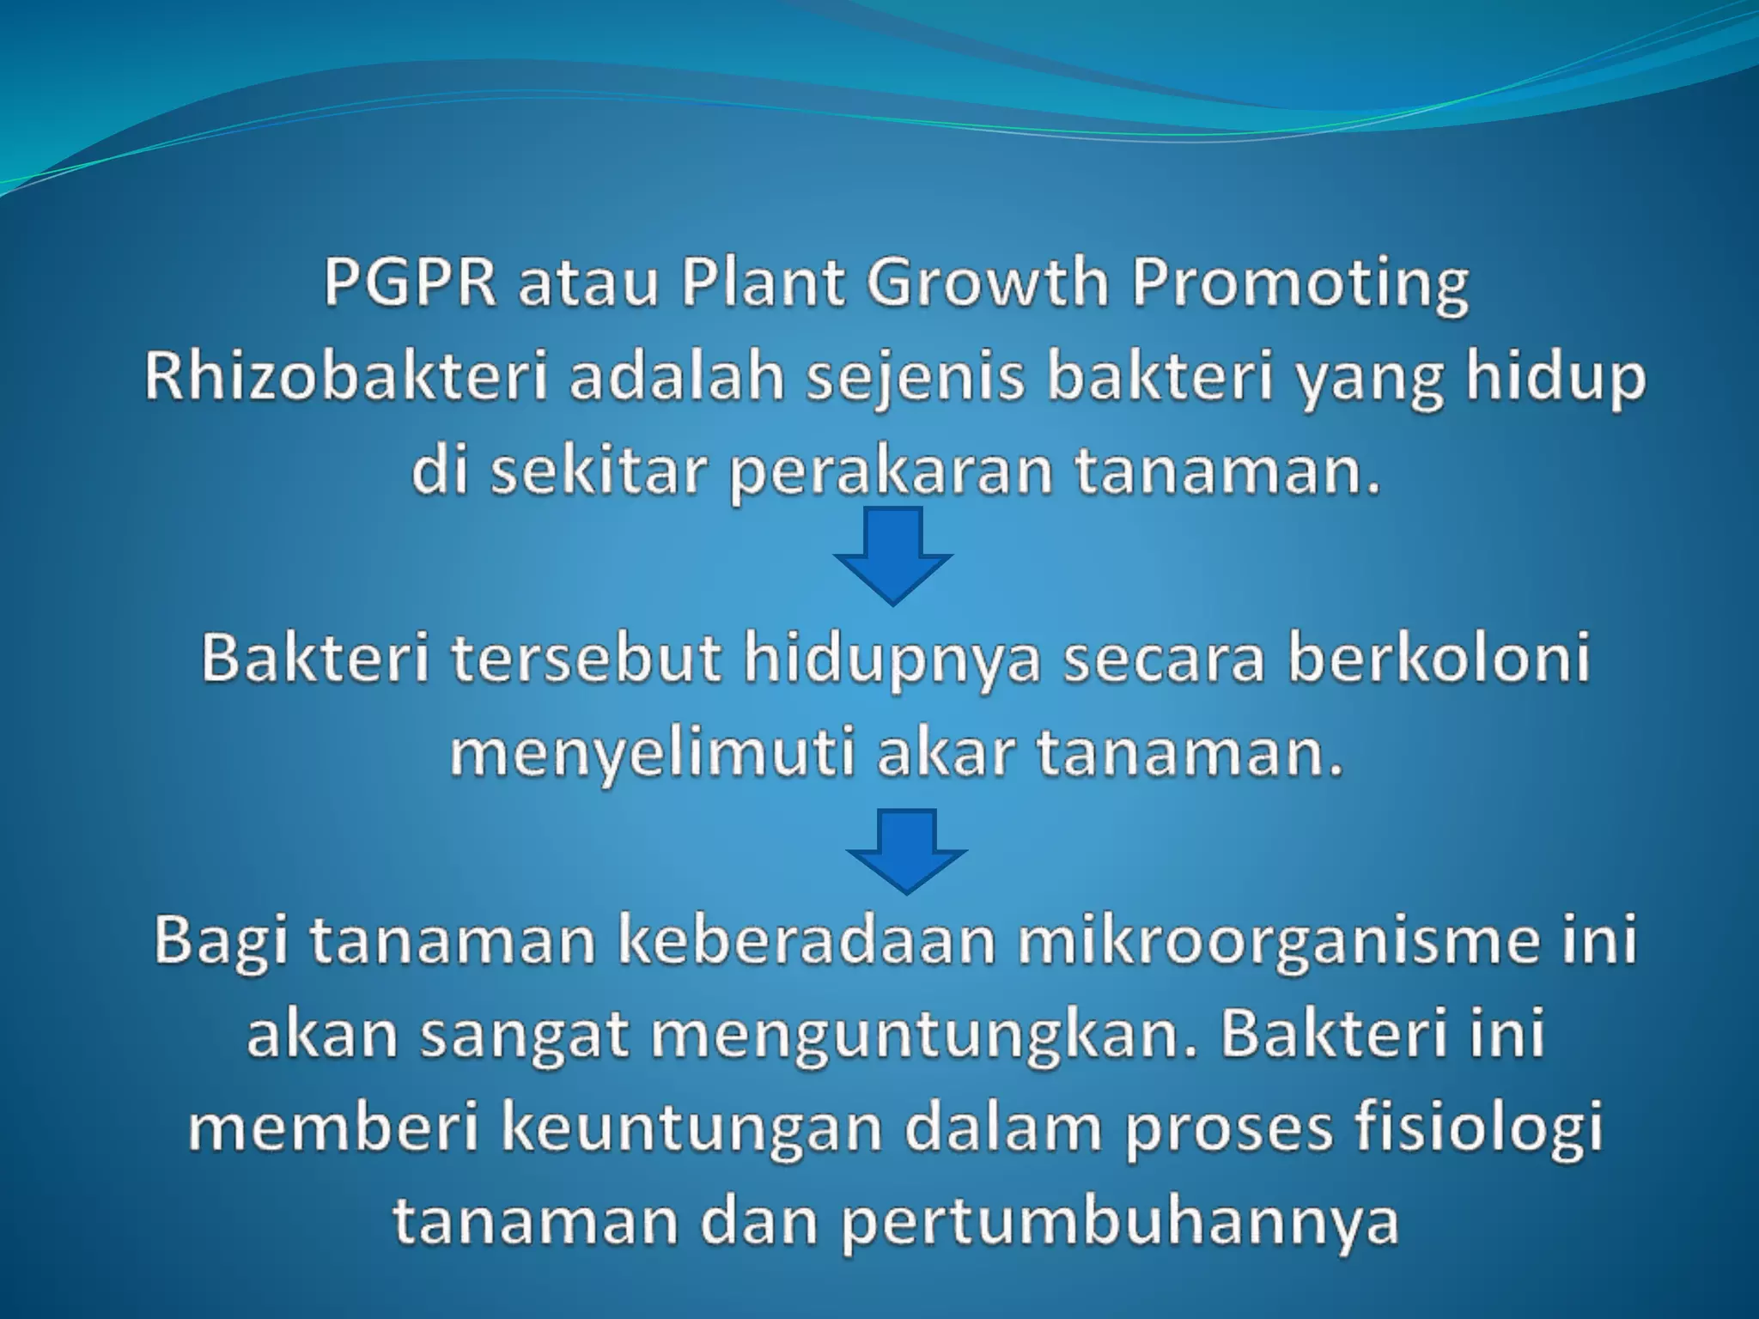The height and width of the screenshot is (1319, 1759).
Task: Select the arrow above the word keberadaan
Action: click(x=907, y=850)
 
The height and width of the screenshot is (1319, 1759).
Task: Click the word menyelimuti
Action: click(x=652, y=756)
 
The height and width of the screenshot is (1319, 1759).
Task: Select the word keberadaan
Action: click(x=813, y=940)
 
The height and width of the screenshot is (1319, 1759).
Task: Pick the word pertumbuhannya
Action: click(x=1120, y=1224)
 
